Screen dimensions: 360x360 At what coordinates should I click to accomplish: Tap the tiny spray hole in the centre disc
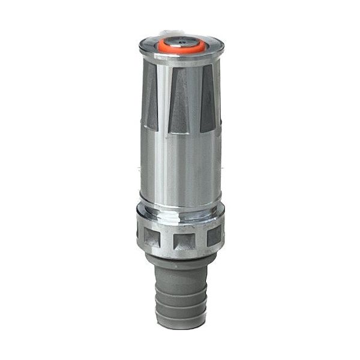(182, 42)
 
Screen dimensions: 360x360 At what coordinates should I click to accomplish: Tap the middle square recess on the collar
(182, 242)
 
